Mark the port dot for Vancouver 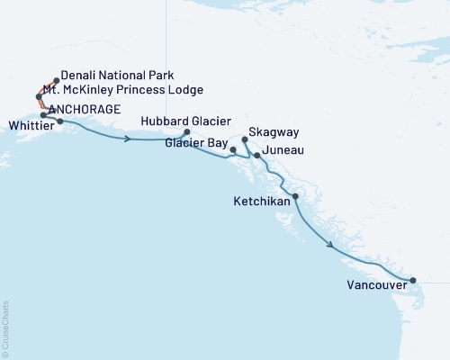pos(412,281)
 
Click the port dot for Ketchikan pos(295,195)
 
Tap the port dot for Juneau pos(257,156)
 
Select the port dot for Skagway pos(245,139)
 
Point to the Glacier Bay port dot pos(233,149)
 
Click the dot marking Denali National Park pos(57,80)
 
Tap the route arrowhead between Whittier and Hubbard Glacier pos(130,139)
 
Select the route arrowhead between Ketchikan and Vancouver pos(332,245)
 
